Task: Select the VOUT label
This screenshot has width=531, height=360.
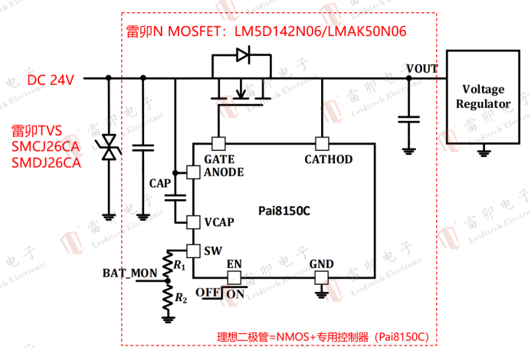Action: pyautogui.click(x=422, y=68)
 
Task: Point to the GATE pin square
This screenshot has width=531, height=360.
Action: pyautogui.click(x=218, y=142)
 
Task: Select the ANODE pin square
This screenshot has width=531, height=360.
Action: pyautogui.click(x=192, y=172)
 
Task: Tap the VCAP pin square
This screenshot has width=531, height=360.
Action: pyautogui.click(x=192, y=222)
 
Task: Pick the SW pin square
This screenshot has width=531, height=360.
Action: pyautogui.click(x=192, y=250)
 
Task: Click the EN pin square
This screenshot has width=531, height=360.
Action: pyautogui.click(x=234, y=277)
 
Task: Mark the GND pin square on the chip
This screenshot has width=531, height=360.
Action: pyautogui.click(x=322, y=277)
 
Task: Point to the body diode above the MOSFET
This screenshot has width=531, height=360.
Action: pyautogui.click(x=242, y=54)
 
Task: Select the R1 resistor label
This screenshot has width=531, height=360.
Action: pyautogui.click(x=179, y=265)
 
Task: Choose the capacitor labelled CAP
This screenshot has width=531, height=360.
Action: pyautogui.click(x=175, y=198)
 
